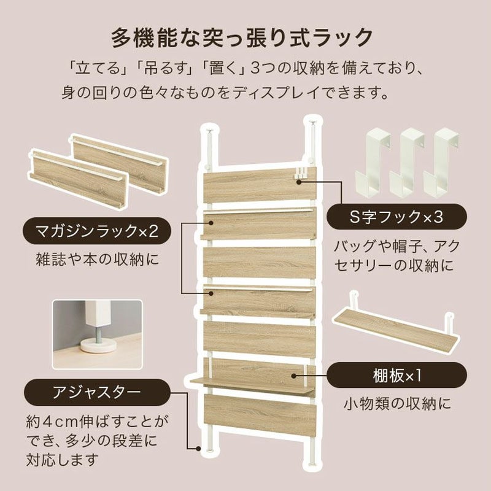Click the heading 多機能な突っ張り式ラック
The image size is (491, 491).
[x=242, y=37]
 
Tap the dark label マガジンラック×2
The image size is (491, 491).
[x=97, y=231]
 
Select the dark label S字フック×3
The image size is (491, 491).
[x=396, y=217]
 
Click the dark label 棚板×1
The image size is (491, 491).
[x=396, y=376]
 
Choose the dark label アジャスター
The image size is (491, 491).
[x=97, y=392]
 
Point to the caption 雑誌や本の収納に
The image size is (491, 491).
[x=98, y=260]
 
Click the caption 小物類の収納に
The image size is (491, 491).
[x=397, y=404]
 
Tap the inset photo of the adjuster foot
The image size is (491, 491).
[x=98, y=334]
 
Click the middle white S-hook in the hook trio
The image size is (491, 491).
[x=406, y=163]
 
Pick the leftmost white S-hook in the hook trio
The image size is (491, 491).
[x=373, y=163]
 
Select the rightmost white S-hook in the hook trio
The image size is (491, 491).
[x=441, y=163]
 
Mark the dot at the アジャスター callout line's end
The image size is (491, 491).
[x=198, y=449]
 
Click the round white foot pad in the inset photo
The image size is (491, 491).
[x=99, y=344]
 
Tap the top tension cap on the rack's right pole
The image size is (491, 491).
[x=312, y=122]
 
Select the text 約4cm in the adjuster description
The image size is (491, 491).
[x=52, y=423]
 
